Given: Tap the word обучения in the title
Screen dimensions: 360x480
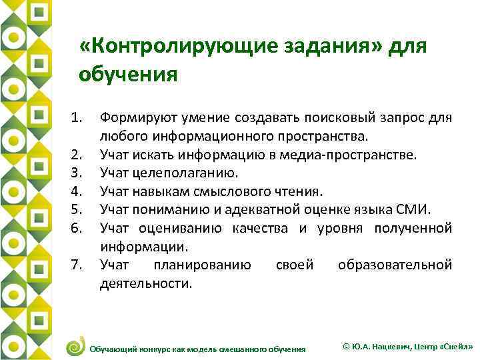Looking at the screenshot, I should tap(128, 73).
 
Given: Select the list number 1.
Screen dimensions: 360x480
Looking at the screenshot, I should tap(77, 118).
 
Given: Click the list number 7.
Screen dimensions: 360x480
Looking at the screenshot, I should tap(77, 266).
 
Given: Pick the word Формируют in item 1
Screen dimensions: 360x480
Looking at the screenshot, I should tap(131, 118).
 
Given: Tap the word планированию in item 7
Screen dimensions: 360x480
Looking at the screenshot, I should tap(203, 265).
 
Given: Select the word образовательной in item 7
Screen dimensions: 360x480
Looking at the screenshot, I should tap(395, 265).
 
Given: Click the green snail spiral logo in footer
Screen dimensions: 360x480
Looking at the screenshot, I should tap(76, 346).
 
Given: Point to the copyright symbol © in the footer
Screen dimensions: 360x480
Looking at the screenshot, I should tap(345, 347).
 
